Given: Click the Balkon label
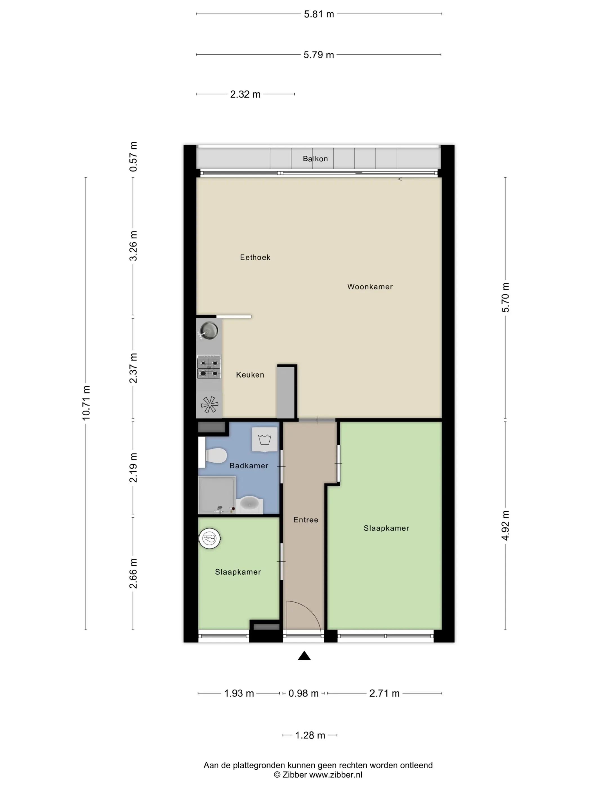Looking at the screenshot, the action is click(315, 158).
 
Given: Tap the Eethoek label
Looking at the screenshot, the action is click(255, 257).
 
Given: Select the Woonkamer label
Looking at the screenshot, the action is click(370, 286).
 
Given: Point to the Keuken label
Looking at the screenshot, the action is click(250, 374).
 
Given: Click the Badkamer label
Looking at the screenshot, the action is click(249, 465).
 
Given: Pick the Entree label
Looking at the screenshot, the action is click(306, 520).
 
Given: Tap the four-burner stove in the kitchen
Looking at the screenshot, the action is click(209, 367).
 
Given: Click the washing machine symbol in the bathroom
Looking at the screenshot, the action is click(264, 440).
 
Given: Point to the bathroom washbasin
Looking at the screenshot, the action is click(249, 504).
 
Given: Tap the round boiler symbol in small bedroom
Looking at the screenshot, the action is click(210, 538).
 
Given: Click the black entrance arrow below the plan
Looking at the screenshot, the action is click(304, 655).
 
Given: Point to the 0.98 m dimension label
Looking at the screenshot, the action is click(303, 693).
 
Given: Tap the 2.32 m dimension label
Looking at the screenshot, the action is click(245, 94).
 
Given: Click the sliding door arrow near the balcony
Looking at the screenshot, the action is click(406, 179).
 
